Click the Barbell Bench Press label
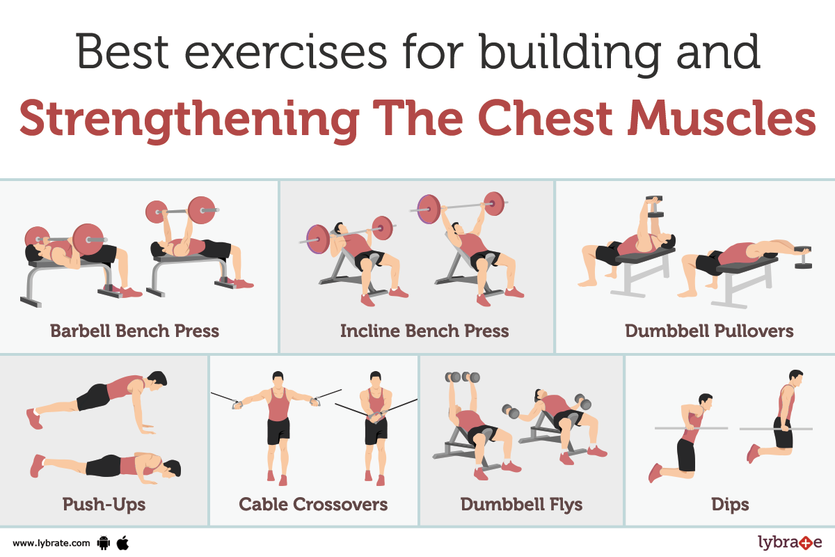click(134, 331)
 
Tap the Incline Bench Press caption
click(424, 331)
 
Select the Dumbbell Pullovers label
click(709, 331)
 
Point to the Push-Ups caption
click(104, 504)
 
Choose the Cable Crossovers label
click(313, 504)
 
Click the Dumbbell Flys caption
click(521, 504)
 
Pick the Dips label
click(730, 504)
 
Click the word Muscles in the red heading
click(722, 118)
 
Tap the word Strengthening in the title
click(189, 121)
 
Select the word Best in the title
click(122, 52)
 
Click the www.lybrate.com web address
click(51, 543)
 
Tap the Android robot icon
click(104, 543)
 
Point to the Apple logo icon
click(122, 543)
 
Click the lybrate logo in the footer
click(790, 542)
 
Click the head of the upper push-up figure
click(158, 381)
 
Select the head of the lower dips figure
click(706, 402)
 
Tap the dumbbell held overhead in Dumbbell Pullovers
click(655, 206)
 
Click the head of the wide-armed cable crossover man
click(278, 380)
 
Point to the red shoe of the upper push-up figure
click(34, 418)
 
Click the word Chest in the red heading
click(546, 118)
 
